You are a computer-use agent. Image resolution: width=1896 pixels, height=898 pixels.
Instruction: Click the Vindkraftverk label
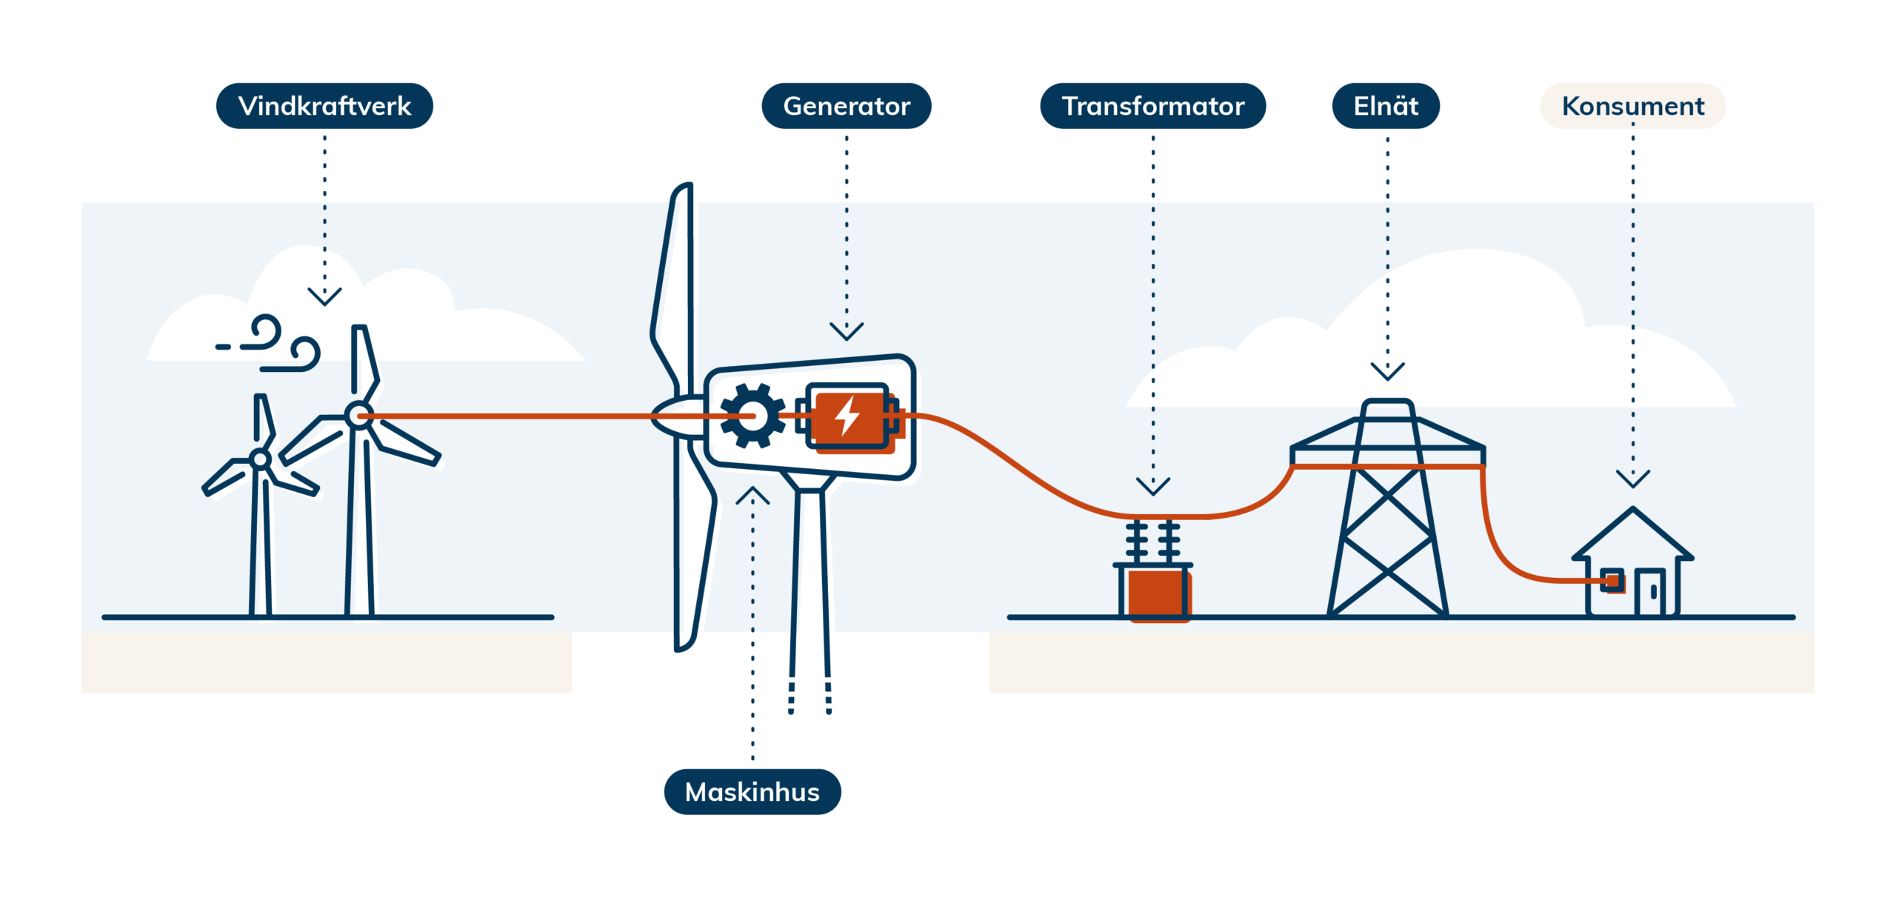tap(324, 106)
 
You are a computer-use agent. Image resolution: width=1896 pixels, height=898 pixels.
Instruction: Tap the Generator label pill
tap(847, 106)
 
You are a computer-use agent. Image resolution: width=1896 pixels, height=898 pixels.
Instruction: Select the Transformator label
tap(1152, 106)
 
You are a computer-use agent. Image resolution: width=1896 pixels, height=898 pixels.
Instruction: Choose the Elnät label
tap(1386, 106)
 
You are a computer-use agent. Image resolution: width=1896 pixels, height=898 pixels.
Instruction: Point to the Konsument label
tap(1632, 106)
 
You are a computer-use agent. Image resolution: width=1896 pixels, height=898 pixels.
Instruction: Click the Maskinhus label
tap(752, 791)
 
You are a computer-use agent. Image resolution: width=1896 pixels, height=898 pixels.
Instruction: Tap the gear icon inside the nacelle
tap(752, 416)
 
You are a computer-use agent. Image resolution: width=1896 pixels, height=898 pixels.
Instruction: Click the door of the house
tap(1650, 592)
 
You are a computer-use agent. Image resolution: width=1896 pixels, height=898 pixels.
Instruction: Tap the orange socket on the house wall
tap(1612, 581)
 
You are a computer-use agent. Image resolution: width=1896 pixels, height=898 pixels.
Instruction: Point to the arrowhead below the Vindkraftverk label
tap(324, 297)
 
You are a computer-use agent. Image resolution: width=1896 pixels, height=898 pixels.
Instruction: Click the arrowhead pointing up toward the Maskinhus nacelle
tap(752, 495)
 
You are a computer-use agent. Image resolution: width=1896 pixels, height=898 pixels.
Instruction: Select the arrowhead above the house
tap(1632, 479)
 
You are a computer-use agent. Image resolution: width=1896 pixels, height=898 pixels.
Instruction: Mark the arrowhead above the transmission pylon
tap(1387, 371)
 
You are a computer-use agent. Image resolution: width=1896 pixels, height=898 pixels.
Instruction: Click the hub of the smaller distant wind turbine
tap(260, 459)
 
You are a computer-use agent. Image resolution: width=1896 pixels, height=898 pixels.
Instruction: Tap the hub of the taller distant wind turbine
tap(358, 414)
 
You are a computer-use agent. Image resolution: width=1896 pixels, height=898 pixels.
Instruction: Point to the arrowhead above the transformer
tap(1152, 487)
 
